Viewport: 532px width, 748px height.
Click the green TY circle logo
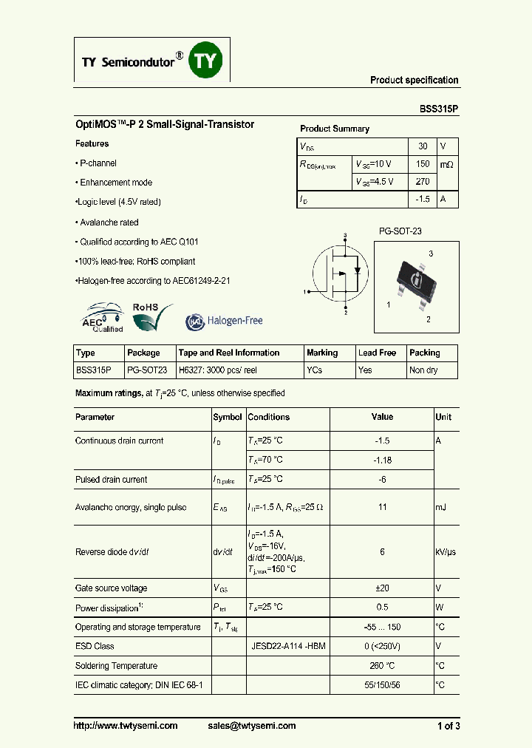[206, 60]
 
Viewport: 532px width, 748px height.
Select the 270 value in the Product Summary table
[423, 181]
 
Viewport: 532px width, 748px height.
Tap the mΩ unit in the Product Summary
[447, 164]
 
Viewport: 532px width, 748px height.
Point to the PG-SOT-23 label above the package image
[400, 231]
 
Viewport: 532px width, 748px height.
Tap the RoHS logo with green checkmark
[152, 316]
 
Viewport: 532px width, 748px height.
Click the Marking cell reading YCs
[314, 370]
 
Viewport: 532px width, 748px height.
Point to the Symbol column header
[228, 417]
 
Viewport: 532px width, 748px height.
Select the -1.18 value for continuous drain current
[382, 460]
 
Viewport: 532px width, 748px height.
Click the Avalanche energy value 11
[382, 507]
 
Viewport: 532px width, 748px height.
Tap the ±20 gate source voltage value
[382, 588]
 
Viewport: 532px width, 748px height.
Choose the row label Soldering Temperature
[116, 666]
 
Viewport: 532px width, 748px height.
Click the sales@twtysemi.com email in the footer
[252, 726]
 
